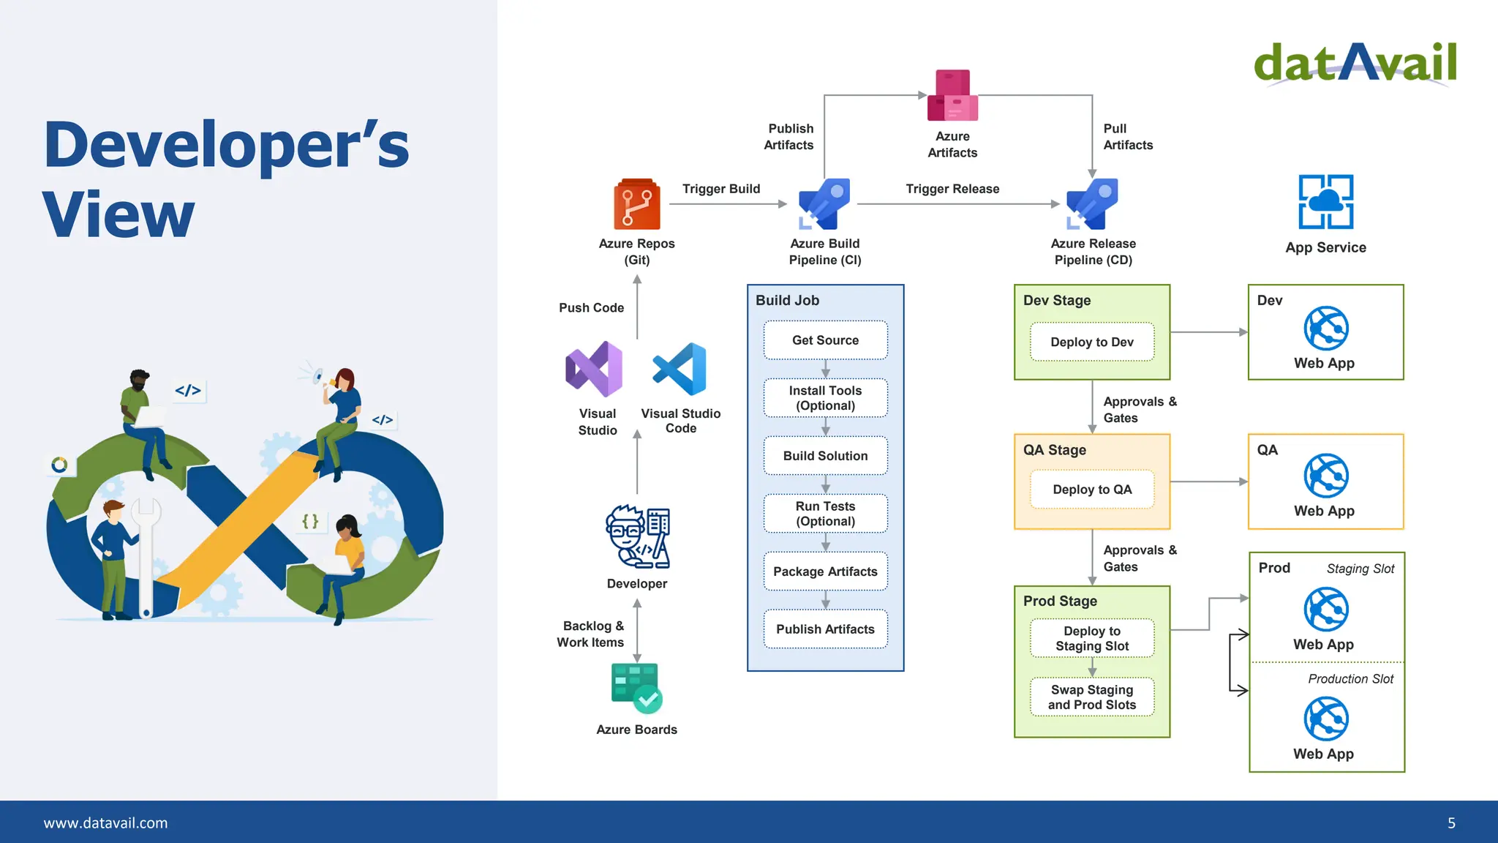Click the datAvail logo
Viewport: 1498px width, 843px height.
click(1355, 63)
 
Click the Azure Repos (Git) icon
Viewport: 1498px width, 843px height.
click(636, 204)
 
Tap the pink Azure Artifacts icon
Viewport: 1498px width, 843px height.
click(952, 96)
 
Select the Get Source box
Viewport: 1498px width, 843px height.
click(825, 340)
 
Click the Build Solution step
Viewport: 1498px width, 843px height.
click(825, 456)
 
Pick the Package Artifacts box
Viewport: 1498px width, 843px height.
click(825, 572)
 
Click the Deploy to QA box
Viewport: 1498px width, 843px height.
click(1092, 490)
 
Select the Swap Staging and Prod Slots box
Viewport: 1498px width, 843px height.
click(1092, 697)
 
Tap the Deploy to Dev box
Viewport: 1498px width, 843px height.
click(1092, 342)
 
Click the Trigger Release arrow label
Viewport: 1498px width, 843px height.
click(952, 189)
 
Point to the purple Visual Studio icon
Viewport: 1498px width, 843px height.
click(594, 370)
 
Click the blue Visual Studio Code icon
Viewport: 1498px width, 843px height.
click(680, 369)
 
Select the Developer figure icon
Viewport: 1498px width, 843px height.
click(637, 537)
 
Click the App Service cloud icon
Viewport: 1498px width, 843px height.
click(1325, 202)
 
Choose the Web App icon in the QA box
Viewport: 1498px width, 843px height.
click(1325, 476)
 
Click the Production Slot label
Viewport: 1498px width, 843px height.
click(1350, 679)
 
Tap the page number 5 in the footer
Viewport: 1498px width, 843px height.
click(1451, 823)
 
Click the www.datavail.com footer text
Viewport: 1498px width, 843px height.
click(105, 823)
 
